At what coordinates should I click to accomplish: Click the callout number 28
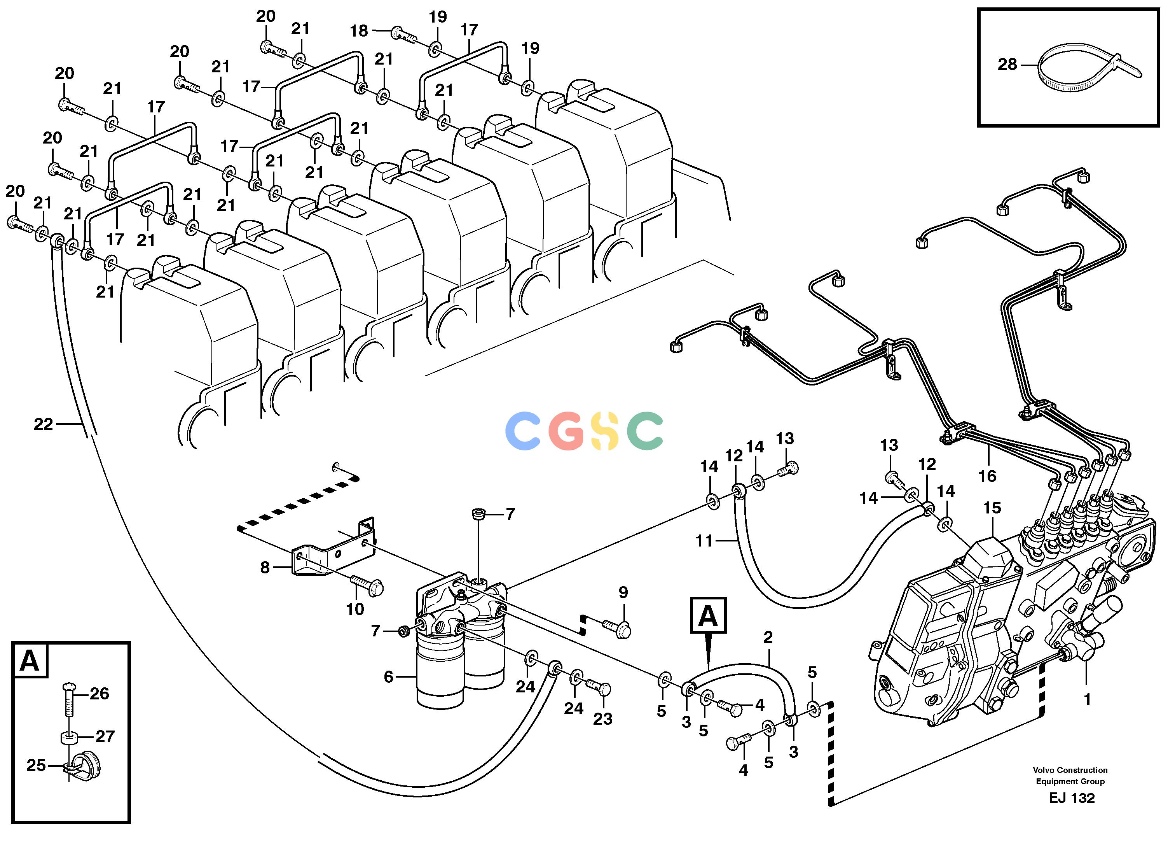pos(1007,65)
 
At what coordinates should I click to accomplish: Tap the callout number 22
pos(43,424)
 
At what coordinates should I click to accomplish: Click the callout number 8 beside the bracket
pos(265,567)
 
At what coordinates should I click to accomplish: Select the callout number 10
pos(355,608)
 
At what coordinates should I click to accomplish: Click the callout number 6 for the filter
pos(388,677)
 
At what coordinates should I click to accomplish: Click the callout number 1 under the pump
pos(1087,700)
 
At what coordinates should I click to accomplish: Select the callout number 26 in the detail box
pos(99,694)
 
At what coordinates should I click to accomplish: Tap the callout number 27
pos(105,736)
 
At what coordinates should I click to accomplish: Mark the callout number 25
pos(37,766)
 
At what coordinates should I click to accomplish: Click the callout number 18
pos(359,31)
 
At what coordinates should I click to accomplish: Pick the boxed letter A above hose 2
pos(707,615)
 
